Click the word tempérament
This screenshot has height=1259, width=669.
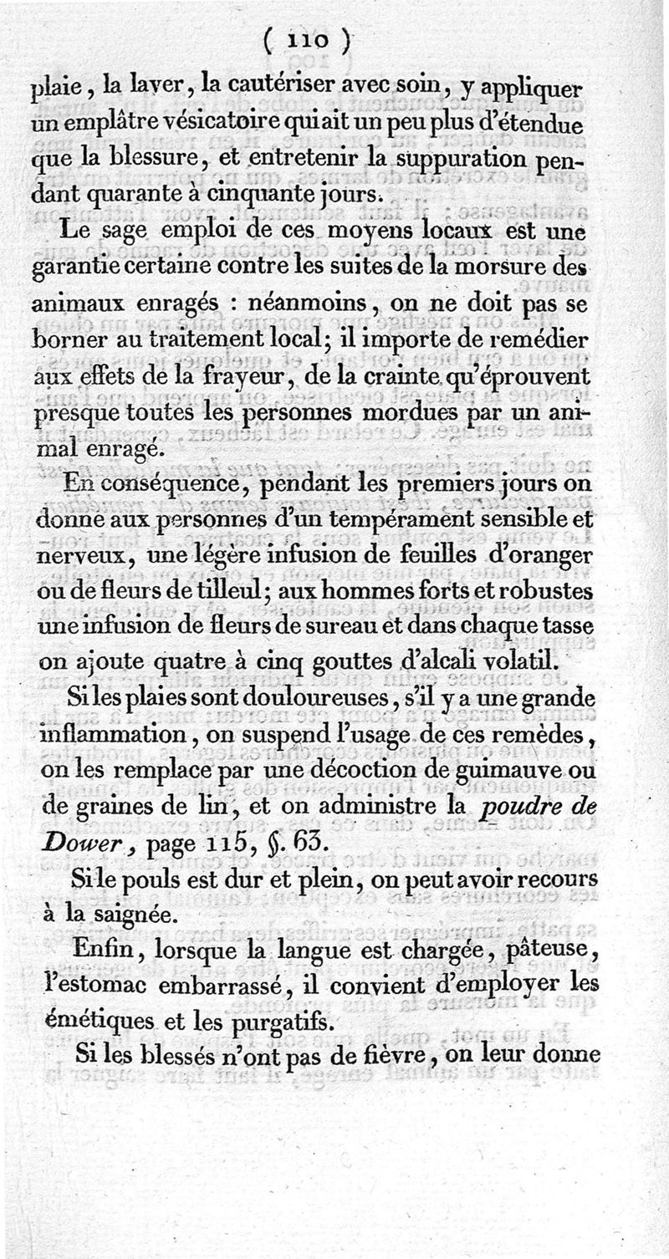[459, 518]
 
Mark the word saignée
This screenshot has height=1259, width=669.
[142, 915]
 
